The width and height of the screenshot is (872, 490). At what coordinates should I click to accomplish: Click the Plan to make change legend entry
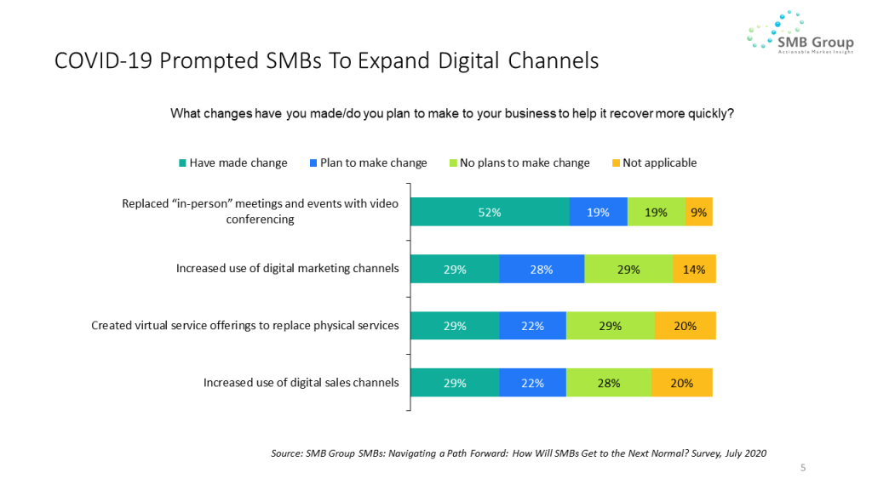click(367, 162)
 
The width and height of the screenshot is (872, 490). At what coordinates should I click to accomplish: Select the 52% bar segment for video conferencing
click(489, 213)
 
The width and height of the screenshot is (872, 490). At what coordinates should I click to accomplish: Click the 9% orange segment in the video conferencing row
click(698, 213)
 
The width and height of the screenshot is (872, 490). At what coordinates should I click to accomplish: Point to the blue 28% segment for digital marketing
click(542, 269)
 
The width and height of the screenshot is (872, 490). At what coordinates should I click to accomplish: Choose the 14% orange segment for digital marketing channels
click(694, 269)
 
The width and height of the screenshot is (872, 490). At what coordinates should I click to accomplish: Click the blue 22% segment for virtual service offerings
click(532, 326)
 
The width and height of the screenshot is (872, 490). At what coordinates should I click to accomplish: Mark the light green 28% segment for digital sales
click(609, 383)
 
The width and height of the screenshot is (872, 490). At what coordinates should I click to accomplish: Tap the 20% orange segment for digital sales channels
click(681, 383)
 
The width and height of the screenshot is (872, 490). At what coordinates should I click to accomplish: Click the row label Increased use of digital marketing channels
click(287, 269)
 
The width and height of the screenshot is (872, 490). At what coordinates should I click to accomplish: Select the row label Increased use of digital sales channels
click(301, 383)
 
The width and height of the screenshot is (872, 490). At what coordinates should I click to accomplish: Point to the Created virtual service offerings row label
click(245, 326)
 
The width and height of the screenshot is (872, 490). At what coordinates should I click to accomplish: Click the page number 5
click(802, 467)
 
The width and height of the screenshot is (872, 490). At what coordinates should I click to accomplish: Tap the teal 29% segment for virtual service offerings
click(454, 326)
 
